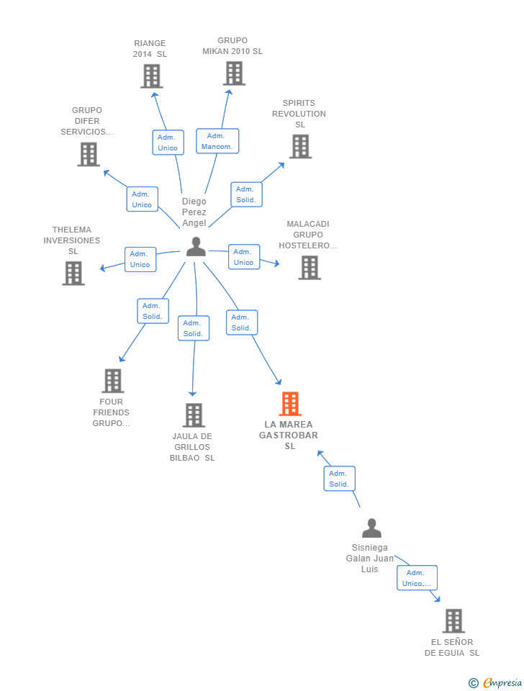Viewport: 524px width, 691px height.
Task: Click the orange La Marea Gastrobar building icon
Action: point(290,404)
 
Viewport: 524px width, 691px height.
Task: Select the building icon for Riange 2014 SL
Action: point(152,76)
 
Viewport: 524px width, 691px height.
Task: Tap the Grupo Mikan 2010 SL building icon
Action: point(234,73)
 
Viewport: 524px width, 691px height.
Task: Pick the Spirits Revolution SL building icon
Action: point(301,146)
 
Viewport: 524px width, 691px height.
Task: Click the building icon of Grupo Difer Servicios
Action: point(89,154)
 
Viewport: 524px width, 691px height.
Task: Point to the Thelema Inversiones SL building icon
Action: point(73,274)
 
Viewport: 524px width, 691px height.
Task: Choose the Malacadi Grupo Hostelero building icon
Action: point(310,268)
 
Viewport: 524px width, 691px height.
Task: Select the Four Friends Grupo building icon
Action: point(113,381)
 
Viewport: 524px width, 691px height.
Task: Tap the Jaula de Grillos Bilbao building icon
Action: point(194,415)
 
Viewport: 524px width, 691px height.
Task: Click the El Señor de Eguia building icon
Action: point(453,621)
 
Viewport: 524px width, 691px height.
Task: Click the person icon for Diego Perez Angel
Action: point(196,247)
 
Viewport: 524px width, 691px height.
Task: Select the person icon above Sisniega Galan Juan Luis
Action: point(371,528)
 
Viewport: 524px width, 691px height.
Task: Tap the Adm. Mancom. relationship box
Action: point(217,141)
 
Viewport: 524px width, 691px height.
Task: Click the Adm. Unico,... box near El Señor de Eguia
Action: point(417,578)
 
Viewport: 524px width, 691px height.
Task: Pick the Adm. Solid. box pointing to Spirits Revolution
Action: point(246,194)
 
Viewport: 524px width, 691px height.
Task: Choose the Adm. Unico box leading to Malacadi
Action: point(244,257)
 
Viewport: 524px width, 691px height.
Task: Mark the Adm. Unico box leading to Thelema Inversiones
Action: point(140,259)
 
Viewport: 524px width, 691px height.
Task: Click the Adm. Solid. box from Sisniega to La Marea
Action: point(339,479)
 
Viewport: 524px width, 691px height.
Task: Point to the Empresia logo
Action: point(495,682)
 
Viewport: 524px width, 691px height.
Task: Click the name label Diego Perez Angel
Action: point(194,212)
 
